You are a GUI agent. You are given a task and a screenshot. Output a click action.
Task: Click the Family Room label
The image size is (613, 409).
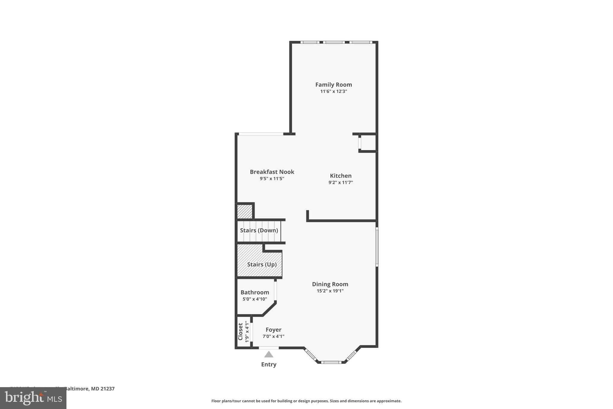tap(333, 85)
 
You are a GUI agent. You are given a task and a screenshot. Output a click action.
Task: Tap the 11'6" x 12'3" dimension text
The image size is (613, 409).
tap(333, 91)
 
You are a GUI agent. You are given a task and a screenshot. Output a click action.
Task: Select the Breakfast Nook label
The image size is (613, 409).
tap(272, 172)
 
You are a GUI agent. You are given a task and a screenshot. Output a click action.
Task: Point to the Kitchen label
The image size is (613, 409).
tap(341, 176)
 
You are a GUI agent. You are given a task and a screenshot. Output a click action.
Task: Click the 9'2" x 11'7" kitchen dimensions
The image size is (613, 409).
tap(341, 182)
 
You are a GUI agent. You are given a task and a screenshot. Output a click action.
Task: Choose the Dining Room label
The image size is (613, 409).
tap(330, 284)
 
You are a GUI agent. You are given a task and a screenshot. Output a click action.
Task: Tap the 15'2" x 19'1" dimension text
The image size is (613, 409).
tap(330, 291)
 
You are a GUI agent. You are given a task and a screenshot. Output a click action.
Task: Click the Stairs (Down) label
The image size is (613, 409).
tap(259, 230)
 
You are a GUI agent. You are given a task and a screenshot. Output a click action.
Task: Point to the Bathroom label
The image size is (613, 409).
tap(255, 292)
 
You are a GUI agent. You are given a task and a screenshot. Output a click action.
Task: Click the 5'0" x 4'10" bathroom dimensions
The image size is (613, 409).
tap(255, 299)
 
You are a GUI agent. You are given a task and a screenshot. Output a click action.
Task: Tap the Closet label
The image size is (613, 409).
tap(240, 332)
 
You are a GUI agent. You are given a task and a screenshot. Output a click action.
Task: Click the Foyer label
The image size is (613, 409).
tap(273, 330)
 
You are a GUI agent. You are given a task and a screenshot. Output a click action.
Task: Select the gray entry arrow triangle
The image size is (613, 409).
tap(269, 355)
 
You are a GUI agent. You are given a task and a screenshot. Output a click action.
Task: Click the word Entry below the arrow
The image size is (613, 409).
tap(269, 365)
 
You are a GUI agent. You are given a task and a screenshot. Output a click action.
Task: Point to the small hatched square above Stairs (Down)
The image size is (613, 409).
tap(245, 212)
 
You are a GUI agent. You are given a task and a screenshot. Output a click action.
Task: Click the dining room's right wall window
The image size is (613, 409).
tap(377, 247)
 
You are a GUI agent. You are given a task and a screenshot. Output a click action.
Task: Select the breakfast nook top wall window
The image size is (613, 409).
tap(261, 134)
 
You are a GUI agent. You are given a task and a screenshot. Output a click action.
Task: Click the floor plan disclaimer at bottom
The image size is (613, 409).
tap(306, 401)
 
